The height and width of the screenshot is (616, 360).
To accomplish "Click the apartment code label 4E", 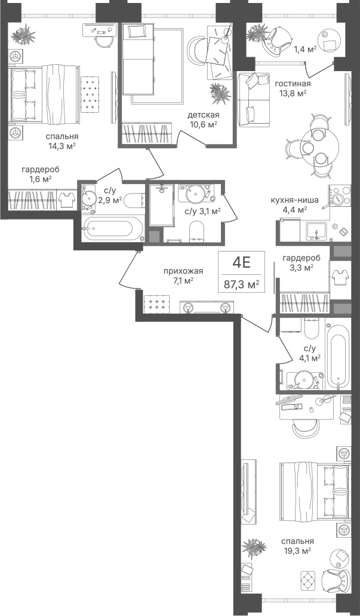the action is [241, 262].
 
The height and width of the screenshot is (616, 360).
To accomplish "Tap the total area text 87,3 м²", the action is [241, 284].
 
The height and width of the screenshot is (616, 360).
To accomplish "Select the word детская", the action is [203, 115].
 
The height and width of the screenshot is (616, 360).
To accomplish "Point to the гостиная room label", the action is [293, 84].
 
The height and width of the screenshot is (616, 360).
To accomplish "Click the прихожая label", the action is [183, 271].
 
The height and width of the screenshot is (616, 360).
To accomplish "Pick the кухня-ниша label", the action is [294, 200].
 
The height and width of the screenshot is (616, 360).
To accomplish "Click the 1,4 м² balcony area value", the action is [306, 49].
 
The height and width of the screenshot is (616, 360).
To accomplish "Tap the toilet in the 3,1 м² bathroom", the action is [196, 231].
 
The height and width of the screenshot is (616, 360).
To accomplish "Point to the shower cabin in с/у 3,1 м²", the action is [161, 205].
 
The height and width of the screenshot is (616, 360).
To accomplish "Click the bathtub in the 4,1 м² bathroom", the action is [338, 355].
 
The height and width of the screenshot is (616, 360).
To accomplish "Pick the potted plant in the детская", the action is [220, 93].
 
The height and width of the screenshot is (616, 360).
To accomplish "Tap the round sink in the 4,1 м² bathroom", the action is [304, 380].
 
